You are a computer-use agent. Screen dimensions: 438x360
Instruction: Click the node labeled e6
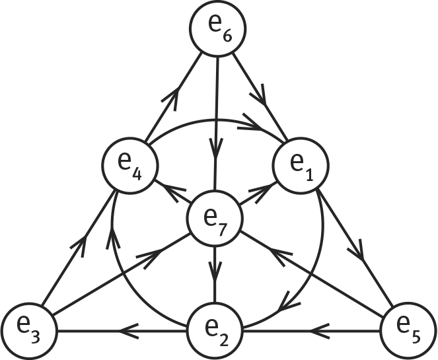click(217, 28)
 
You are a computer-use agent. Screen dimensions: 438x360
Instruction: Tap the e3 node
click(29, 331)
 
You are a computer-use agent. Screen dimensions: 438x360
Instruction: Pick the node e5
click(409, 331)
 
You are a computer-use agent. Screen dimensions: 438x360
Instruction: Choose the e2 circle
click(215, 331)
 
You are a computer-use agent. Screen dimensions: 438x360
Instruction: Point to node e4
click(130, 166)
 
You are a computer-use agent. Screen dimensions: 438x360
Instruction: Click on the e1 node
click(301, 166)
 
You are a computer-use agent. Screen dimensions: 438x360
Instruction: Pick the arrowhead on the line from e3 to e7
click(151, 257)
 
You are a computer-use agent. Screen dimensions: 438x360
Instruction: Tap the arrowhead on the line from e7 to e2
click(215, 271)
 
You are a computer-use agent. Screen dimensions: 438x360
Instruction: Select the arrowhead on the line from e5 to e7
click(280, 256)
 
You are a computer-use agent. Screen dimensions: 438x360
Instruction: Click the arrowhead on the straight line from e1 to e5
click(358, 250)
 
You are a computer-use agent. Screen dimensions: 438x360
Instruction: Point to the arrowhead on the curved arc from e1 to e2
click(289, 303)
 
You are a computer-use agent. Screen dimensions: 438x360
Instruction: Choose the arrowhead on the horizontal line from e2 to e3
click(129, 331)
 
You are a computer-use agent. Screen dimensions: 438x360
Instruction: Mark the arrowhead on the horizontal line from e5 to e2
click(320, 331)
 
